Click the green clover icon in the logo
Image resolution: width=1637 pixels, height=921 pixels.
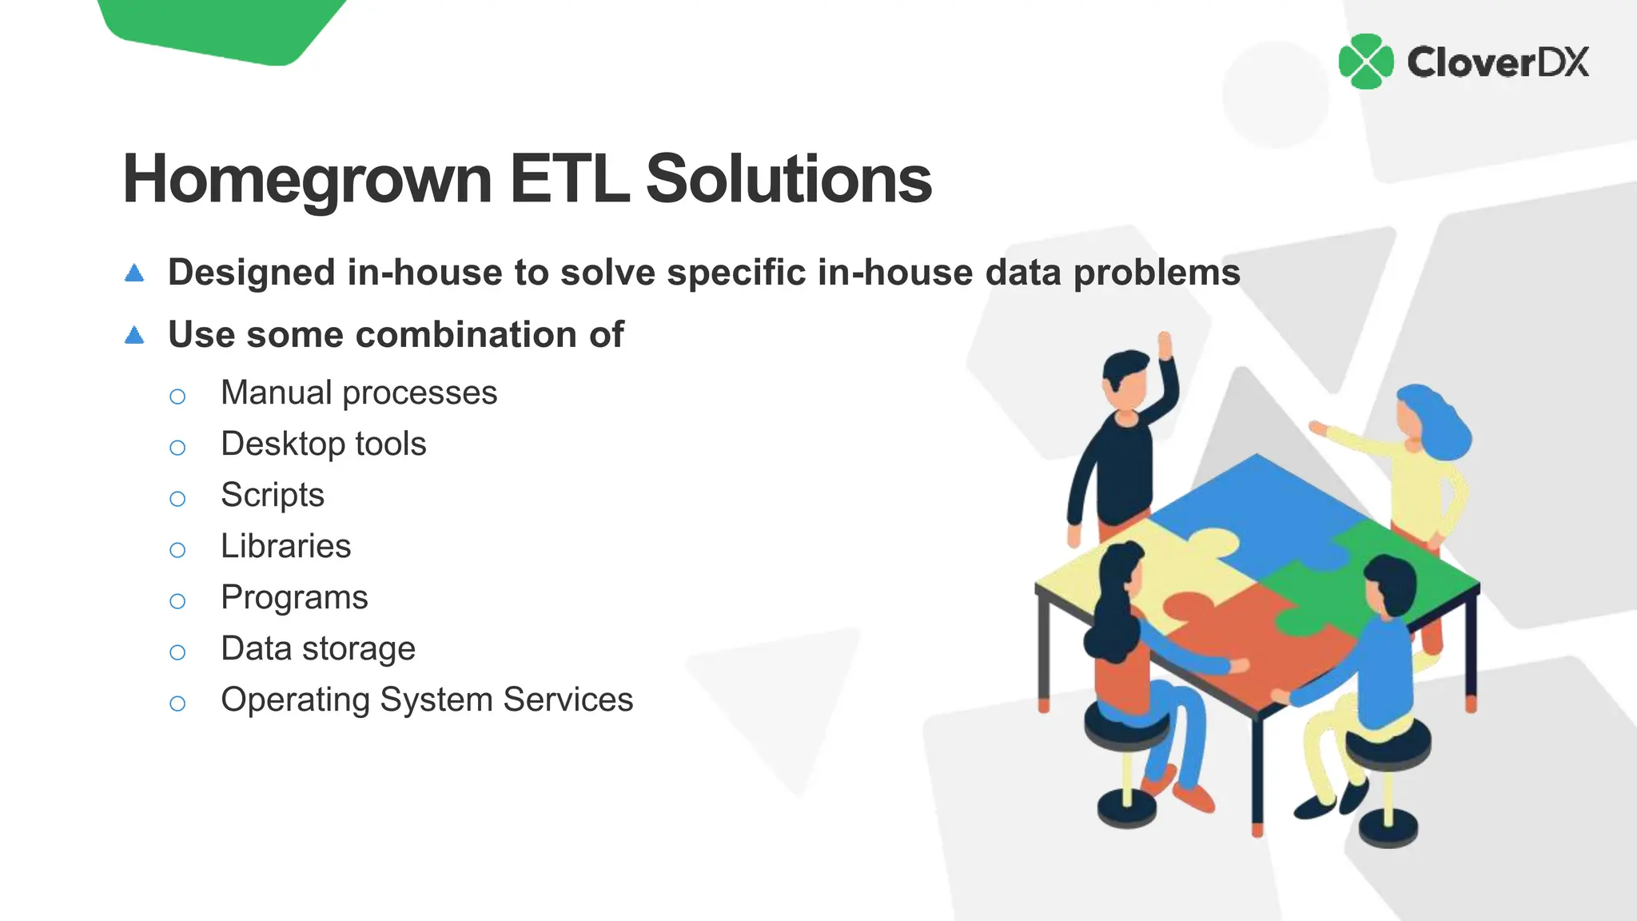pyautogui.click(x=1365, y=62)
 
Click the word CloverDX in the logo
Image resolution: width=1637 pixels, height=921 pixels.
pyautogui.click(x=1497, y=62)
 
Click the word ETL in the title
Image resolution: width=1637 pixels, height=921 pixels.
pyautogui.click(x=568, y=179)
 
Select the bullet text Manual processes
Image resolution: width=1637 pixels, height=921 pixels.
pyautogui.click(x=359, y=393)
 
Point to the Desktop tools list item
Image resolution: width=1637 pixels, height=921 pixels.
pyautogui.click(x=323, y=444)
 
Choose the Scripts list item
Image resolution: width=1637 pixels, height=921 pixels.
pyautogui.click(x=272, y=495)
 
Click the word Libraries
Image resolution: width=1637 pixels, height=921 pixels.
pyautogui.click(x=285, y=546)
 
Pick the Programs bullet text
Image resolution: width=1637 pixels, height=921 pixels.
pyautogui.click(x=294, y=597)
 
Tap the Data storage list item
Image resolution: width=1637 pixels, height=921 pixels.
pyautogui.click(x=317, y=648)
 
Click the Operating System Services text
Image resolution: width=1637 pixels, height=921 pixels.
pyautogui.click(x=427, y=700)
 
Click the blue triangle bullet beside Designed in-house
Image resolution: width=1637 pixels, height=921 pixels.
pyautogui.click(x=134, y=273)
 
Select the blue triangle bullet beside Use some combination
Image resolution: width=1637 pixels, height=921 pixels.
pyautogui.click(x=134, y=335)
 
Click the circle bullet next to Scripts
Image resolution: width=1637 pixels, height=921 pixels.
pyautogui.click(x=177, y=499)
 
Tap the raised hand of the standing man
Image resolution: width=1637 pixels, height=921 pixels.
pyautogui.click(x=1165, y=345)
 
